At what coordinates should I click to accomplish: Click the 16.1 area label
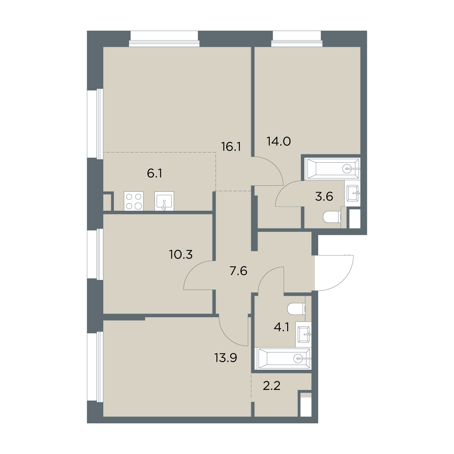click(231, 147)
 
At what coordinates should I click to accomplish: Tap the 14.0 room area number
click(279, 141)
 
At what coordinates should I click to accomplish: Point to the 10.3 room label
click(181, 255)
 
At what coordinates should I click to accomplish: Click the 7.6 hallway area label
click(238, 271)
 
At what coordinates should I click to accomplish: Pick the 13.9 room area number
click(225, 358)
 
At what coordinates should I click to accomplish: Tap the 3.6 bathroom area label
click(324, 196)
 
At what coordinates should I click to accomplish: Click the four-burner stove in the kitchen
click(134, 201)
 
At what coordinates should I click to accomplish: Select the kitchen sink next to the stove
click(164, 201)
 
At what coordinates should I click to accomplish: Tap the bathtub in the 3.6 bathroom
click(333, 169)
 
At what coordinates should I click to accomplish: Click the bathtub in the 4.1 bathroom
click(285, 359)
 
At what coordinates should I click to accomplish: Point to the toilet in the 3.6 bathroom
click(332, 216)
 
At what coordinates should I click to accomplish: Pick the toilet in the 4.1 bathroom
click(296, 309)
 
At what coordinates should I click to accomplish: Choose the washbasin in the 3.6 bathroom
click(353, 193)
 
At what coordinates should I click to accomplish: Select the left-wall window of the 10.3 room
click(95, 254)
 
